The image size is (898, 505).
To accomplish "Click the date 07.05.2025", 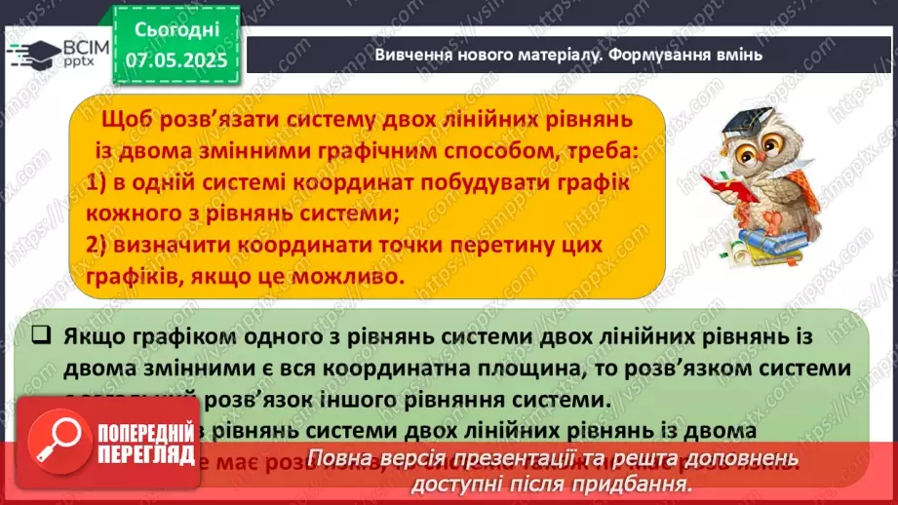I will tap(176, 60).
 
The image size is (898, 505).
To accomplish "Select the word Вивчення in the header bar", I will tap(414, 56).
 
